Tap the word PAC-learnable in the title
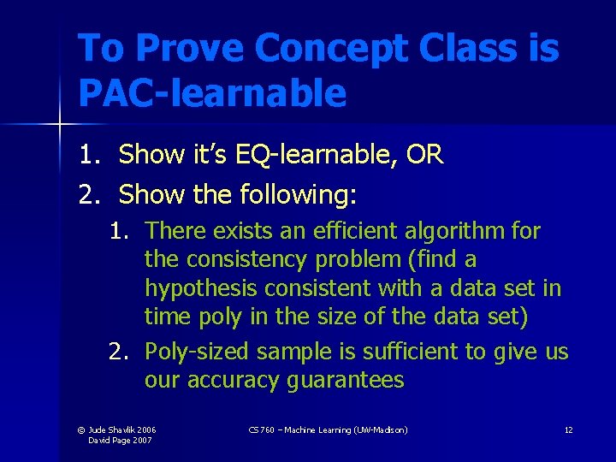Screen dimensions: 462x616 pos(212,92)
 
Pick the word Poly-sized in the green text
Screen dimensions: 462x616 pos(198,352)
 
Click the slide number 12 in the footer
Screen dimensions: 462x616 pos(568,429)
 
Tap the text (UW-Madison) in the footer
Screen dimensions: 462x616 pos(379,429)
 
